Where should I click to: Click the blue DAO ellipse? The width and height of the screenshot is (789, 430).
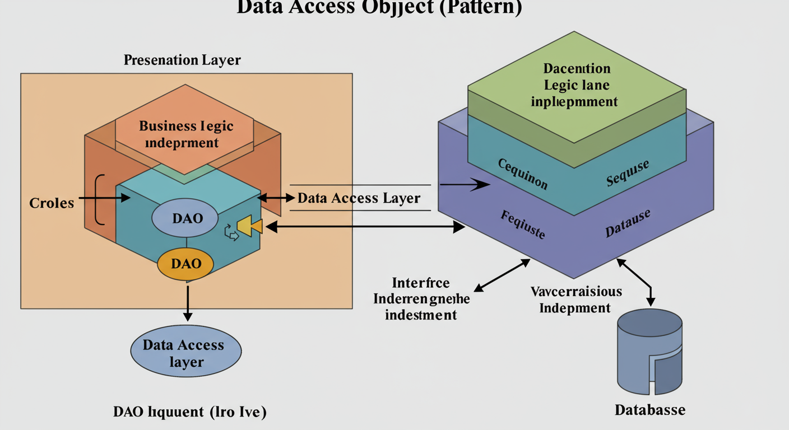click(x=185, y=218)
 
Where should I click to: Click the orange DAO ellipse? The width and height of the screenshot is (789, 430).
click(x=185, y=263)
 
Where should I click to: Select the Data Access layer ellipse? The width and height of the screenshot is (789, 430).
click(x=185, y=352)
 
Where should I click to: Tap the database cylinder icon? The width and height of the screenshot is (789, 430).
click(x=649, y=352)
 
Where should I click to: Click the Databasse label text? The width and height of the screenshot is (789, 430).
click(x=649, y=409)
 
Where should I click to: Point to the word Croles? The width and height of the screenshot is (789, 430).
click(x=52, y=203)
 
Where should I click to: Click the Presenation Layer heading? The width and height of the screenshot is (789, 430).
click(x=182, y=60)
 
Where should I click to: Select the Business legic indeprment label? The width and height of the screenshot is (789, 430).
click(x=186, y=134)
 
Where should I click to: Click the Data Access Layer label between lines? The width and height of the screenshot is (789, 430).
click(x=359, y=198)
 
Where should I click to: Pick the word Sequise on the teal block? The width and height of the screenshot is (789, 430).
click(x=628, y=173)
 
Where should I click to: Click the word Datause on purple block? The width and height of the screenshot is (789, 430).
click(x=628, y=224)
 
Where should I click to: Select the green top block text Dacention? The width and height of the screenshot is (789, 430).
click(x=577, y=69)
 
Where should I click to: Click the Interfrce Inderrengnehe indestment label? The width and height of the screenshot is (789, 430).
click(x=421, y=298)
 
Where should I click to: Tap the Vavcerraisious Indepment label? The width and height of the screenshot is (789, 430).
click(x=575, y=299)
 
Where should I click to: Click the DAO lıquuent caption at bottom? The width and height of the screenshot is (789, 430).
click(x=189, y=412)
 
